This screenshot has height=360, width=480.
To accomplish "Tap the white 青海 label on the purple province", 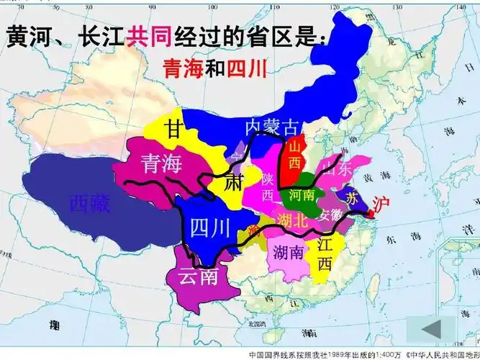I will pyautogui.click(x=161, y=163).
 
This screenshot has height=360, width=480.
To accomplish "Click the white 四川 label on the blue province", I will pyautogui.click(x=210, y=228).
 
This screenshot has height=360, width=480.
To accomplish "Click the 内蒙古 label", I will pyautogui.click(x=271, y=127).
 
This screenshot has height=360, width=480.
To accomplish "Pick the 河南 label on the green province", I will pyautogui.click(x=301, y=195).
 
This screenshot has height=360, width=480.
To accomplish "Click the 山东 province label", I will pyautogui.click(x=335, y=170).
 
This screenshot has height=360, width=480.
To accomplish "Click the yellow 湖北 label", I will pyautogui.click(x=291, y=219).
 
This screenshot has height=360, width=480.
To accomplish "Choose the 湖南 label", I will pyautogui.click(x=288, y=252).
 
